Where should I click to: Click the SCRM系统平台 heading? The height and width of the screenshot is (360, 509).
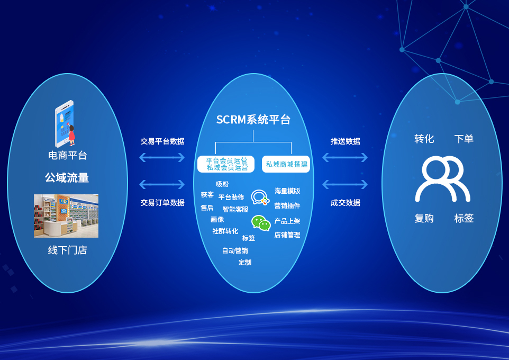(x=253, y=120)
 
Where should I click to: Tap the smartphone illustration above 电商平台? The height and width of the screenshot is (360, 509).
(x=65, y=123)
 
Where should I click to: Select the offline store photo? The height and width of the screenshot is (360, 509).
(x=66, y=216)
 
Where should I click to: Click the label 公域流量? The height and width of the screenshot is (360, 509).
(x=67, y=177)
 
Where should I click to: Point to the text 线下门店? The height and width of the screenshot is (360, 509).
(x=67, y=250)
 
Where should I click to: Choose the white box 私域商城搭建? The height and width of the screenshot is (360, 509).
(x=286, y=164)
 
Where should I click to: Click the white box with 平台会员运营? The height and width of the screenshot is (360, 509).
(x=226, y=164)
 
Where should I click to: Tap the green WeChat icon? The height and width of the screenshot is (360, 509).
(x=261, y=223)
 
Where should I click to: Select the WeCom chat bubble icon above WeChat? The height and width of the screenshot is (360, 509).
(x=260, y=197)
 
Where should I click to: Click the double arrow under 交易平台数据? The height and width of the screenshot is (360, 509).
(x=162, y=158)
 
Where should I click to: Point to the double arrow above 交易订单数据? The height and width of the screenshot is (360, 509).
(x=162, y=185)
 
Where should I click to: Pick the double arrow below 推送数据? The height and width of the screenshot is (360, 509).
(x=345, y=158)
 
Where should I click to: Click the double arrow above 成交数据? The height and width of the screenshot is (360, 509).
(x=345, y=185)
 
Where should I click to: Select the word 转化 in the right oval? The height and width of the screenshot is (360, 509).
(x=424, y=139)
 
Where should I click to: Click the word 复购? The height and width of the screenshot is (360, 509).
(x=424, y=218)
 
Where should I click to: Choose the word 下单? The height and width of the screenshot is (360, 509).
(x=464, y=139)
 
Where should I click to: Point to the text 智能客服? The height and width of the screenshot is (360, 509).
(x=235, y=209)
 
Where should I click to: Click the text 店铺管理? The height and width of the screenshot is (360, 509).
(x=287, y=235)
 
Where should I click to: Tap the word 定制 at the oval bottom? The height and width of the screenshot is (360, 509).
(x=245, y=262)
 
